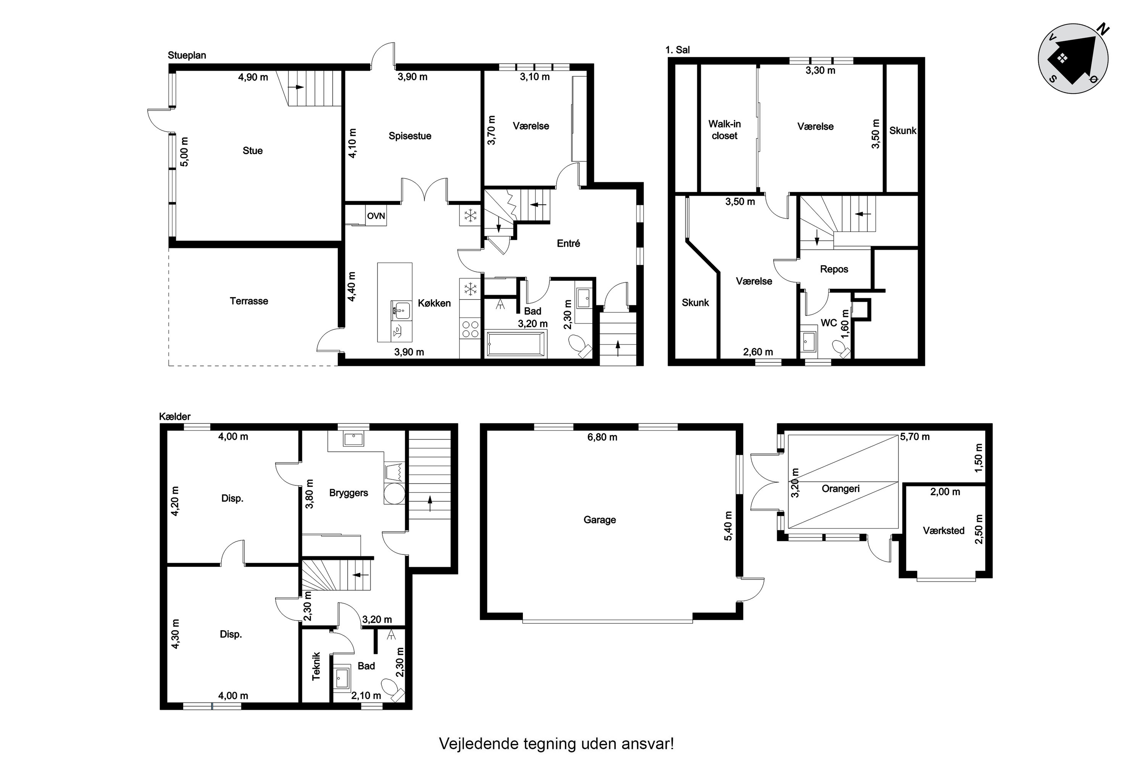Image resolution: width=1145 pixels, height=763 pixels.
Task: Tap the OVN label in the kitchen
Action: (376, 216)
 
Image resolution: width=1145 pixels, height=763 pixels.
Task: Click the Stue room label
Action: (253, 151)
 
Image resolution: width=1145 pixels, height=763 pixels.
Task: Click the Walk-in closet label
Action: (724, 130)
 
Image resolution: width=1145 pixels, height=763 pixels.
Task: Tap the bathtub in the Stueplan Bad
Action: (516, 344)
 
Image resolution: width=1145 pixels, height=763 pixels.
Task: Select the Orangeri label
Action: (840, 489)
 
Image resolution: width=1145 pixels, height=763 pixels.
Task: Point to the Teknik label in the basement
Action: (316, 666)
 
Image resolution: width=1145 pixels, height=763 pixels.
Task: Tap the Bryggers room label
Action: (348, 493)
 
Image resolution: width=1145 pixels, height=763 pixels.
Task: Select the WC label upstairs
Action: (829, 323)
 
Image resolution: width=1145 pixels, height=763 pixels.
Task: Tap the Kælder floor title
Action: (175, 417)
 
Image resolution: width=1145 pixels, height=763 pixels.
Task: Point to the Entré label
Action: (568, 243)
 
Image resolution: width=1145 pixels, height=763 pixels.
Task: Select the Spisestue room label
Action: (410, 136)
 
